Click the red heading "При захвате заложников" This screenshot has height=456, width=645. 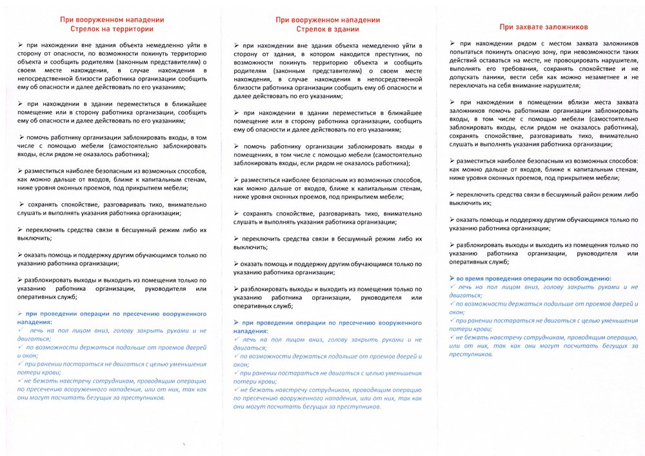543,27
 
